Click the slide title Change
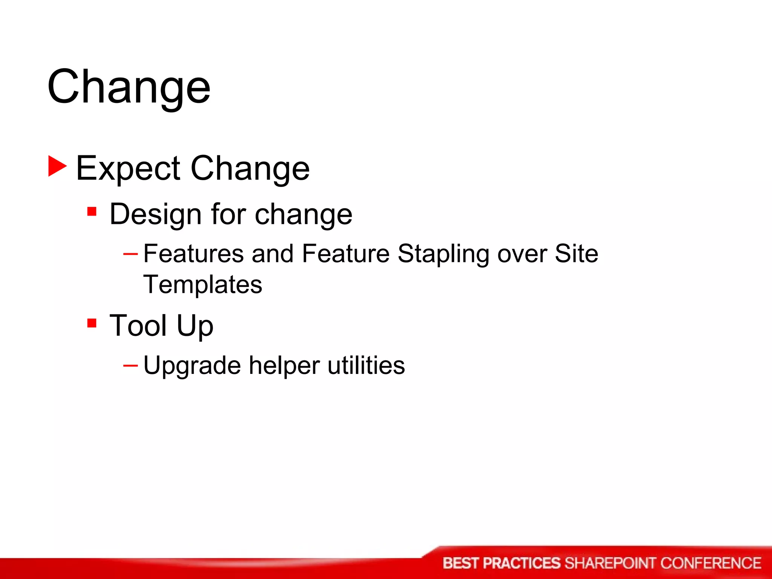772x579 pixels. (x=129, y=87)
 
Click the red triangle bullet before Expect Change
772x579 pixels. (x=57, y=166)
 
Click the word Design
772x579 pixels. (x=156, y=214)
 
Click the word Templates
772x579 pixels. (x=203, y=285)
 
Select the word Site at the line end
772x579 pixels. (x=576, y=253)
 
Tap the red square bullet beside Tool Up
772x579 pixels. (x=92, y=323)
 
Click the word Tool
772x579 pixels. (x=138, y=325)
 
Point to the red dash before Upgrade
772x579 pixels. (x=130, y=365)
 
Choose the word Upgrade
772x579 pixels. (x=192, y=366)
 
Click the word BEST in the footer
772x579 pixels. (x=461, y=563)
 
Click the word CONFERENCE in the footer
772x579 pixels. (x=711, y=563)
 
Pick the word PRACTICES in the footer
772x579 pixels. (x=522, y=563)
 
